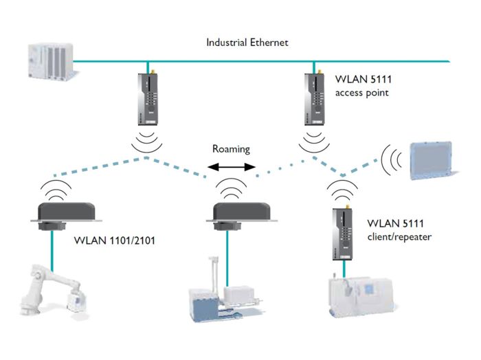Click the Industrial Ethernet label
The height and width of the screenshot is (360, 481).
click(x=247, y=42)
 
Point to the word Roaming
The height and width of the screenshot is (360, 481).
click(x=230, y=148)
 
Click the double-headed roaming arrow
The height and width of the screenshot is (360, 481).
click(x=232, y=166)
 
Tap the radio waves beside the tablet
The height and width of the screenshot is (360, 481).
click(x=392, y=160)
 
